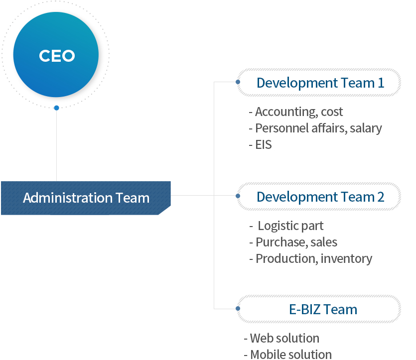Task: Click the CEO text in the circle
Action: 57,56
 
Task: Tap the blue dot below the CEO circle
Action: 56,108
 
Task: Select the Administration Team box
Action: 86,198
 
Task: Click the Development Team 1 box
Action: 319,82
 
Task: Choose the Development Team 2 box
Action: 319,197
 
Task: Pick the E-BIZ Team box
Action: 319,309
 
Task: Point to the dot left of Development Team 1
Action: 238,82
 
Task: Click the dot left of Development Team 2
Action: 238,196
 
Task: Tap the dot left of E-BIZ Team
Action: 238,308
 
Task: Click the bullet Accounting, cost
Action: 296,112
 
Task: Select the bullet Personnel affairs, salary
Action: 315,128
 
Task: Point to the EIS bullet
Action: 260,145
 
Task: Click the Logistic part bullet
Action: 286,226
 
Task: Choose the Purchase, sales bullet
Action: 293,242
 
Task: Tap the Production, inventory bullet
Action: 311,259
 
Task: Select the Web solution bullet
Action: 281,338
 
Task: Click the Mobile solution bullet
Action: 287,355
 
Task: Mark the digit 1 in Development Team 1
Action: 381,83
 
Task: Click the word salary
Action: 366,128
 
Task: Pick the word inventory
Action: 346,259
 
